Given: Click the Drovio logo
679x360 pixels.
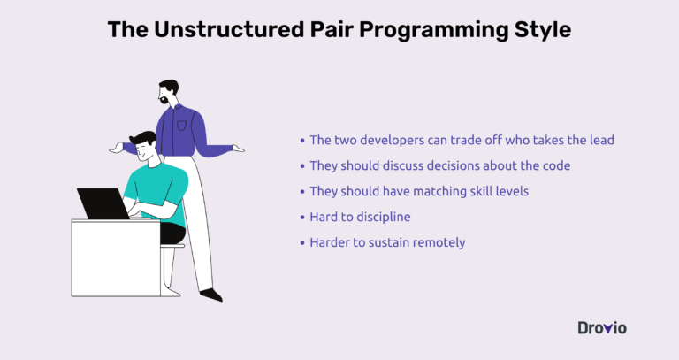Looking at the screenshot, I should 602,327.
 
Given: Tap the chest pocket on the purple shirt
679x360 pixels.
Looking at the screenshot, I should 183,121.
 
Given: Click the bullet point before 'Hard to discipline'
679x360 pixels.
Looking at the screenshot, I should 303,217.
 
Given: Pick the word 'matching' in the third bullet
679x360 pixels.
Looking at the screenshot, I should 427,191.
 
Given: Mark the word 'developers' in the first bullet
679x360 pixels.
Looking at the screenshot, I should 395,140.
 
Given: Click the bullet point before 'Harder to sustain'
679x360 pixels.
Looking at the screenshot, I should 303,242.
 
